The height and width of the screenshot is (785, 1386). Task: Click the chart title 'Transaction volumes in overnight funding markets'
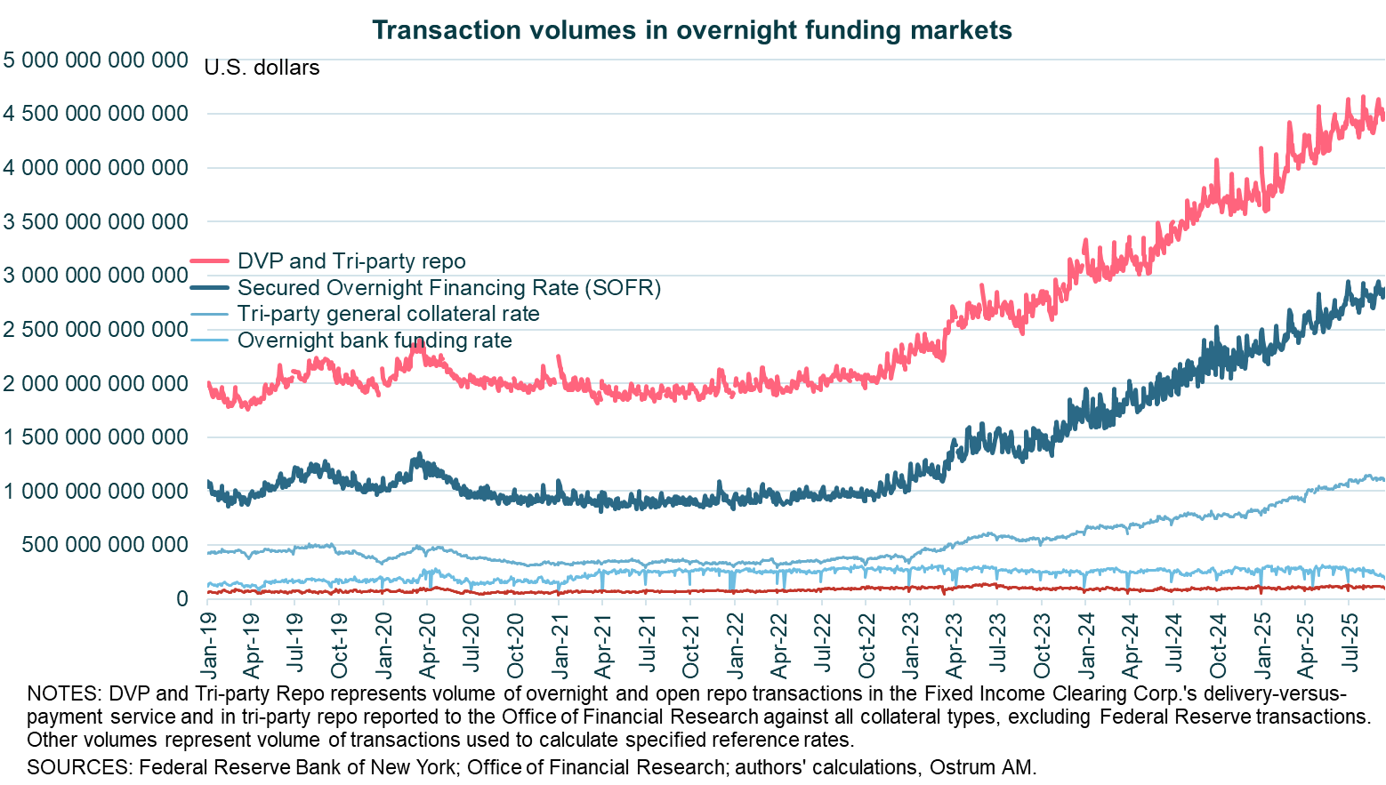(x=691, y=30)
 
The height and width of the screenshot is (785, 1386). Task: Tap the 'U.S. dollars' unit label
(x=262, y=68)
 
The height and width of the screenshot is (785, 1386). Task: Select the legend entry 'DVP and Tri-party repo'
(x=351, y=261)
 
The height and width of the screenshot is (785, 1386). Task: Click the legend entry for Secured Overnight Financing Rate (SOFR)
(x=448, y=288)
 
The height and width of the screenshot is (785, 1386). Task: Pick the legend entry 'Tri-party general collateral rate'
(x=388, y=314)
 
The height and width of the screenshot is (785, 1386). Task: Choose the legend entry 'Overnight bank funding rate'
(x=374, y=340)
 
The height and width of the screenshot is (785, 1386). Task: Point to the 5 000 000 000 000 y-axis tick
(x=95, y=60)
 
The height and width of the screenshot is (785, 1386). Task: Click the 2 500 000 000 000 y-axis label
(x=95, y=330)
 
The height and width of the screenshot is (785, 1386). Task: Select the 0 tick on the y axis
(x=181, y=599)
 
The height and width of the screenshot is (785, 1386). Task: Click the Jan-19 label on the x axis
(x=208, y=643)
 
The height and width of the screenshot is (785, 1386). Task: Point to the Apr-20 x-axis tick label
(x=428, y=643)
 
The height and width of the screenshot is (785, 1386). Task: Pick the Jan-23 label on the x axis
(x=910, y=643)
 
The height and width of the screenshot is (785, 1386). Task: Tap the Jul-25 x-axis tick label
(x=1349, y=643)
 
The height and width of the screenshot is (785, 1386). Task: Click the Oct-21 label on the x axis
(x=690, y=643)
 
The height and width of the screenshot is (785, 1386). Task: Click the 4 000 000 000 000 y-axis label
(x=95, y=168)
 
